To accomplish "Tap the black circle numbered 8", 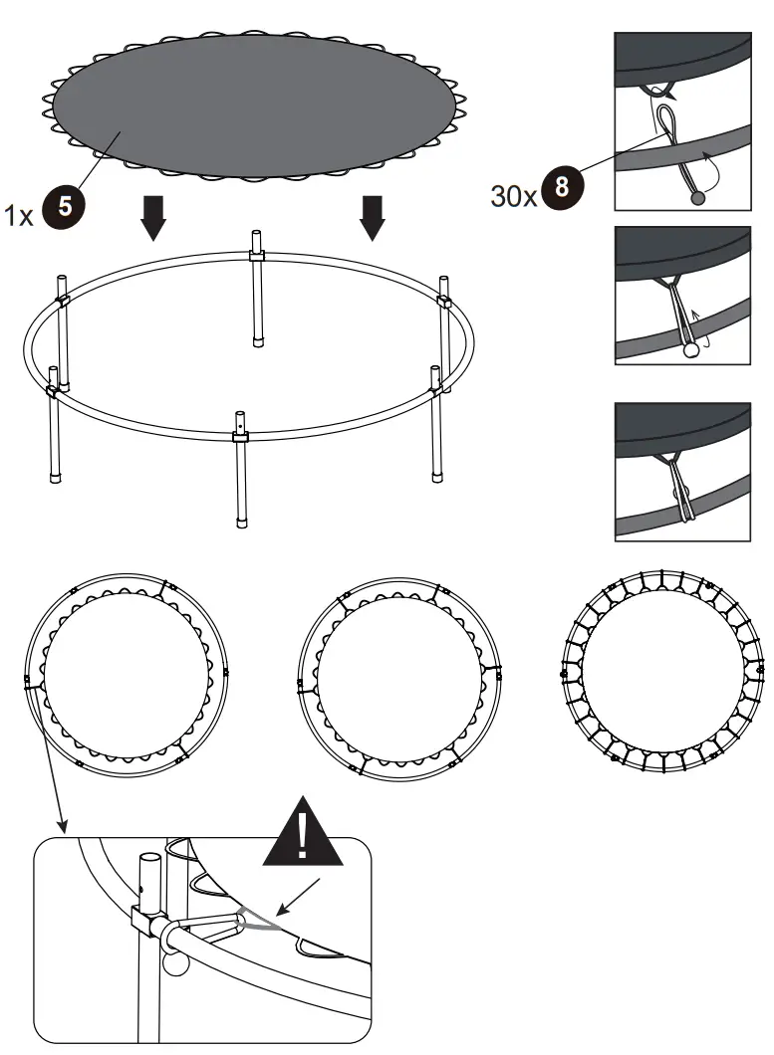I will [x=565, y=189].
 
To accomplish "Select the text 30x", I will [x=514, y=192].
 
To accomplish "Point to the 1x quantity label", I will [x=20, y=212].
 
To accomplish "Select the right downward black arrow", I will [x=373, y=218].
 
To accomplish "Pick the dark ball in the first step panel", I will [x=697, y=198].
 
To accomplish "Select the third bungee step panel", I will [x=681, y=470].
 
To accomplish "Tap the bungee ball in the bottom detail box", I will [x=173, y=963].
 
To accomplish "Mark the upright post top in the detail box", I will [x=149, y=860].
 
